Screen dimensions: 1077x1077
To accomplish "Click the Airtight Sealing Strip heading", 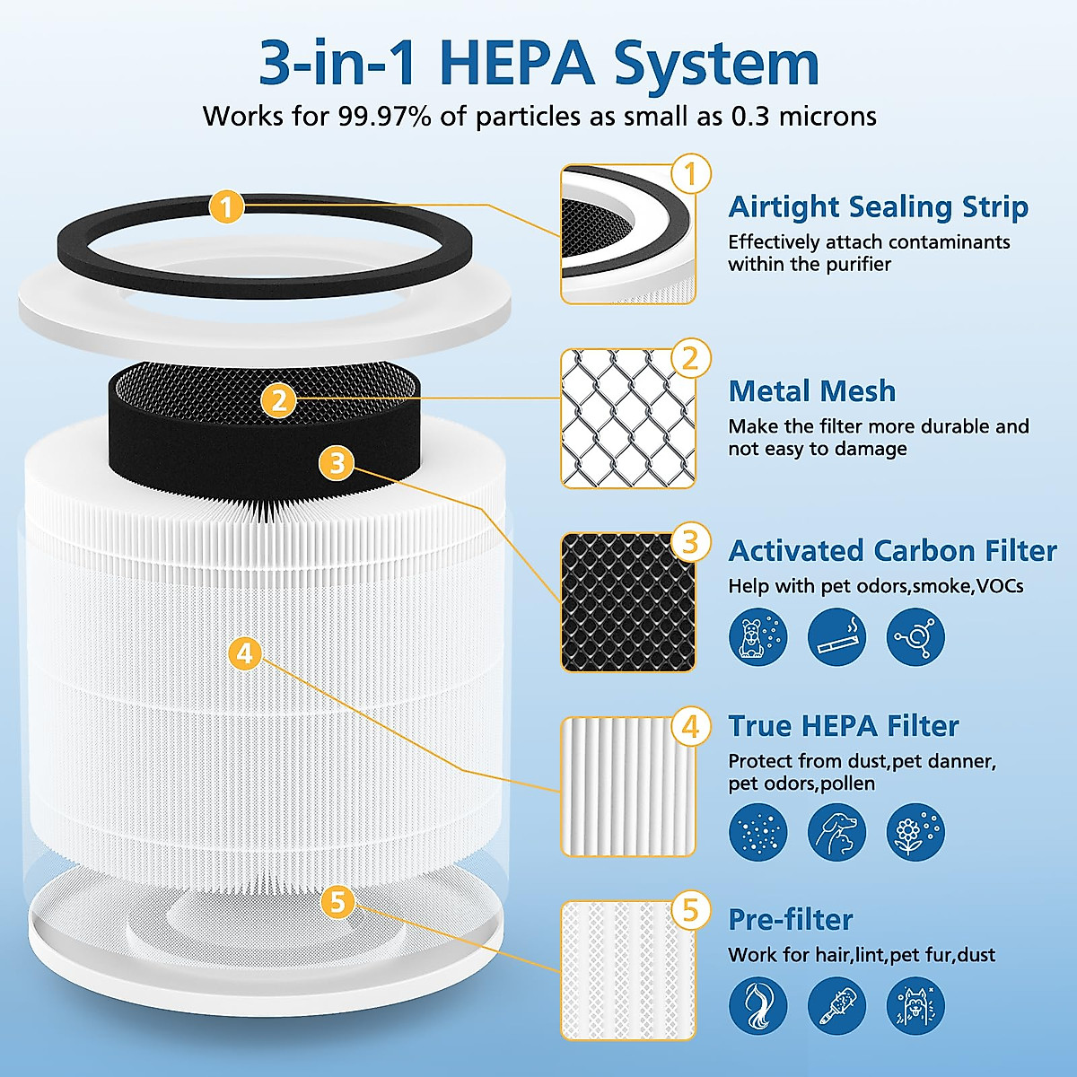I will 878,206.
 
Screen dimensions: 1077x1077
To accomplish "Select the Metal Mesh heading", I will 811,391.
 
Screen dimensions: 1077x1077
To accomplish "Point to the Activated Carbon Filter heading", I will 892,550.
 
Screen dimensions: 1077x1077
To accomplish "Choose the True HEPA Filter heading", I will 843,725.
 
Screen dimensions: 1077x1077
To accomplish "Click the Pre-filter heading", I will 790,919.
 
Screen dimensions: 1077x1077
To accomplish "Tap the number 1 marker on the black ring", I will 227,207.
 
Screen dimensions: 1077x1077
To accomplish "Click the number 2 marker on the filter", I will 279,399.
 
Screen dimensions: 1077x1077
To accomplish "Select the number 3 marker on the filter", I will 337,463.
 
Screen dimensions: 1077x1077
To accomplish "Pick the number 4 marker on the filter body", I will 245,652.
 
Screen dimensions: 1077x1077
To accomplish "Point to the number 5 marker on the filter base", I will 337,901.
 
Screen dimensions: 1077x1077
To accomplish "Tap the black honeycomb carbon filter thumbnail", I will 626,603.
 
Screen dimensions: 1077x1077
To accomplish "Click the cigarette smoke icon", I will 836,637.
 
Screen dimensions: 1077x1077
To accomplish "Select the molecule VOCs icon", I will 915,637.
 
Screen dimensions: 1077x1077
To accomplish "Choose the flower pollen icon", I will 915,832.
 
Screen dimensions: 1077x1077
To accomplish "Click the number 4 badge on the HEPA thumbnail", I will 690,726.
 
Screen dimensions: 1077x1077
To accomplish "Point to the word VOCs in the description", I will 1000,586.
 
